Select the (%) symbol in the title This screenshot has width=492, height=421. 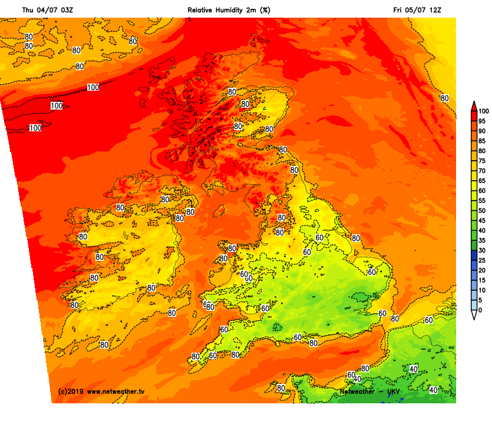click(266, 10)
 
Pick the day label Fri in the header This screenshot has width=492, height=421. click(399, 10)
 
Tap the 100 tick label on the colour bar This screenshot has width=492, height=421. click(484, 111)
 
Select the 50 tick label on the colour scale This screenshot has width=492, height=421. click(482, 211)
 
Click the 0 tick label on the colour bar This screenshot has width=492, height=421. click(480, 310)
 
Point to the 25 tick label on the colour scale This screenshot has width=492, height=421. click(482, 260)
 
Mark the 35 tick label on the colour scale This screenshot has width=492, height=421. click(482, 240)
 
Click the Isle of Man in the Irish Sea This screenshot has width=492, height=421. click(219, 210)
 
